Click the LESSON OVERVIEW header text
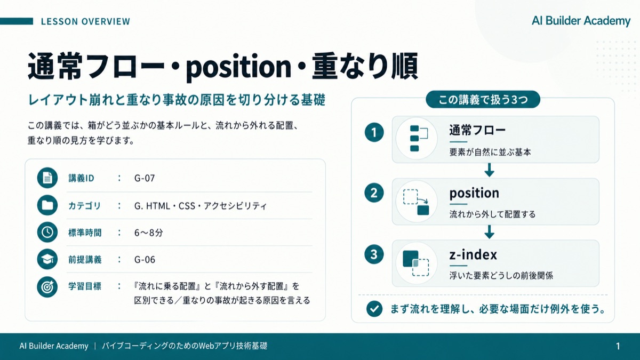click(x=85, y=21)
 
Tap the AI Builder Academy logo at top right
click(x=581, y=21)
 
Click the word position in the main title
click(x=238, y=67)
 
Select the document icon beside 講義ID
click(x=47, y=178)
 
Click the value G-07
click(x=145, y=178)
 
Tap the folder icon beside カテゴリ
click(x=47, y=205)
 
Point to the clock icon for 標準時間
click(x=47, y=232)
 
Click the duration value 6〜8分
click(x=149, y=233)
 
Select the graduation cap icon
click(x=47, y=259)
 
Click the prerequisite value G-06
click(x=145, y=259)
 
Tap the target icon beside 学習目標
click(x=47, y=287)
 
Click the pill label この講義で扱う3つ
click(x=483, y=99)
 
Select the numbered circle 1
click(x=374, y=132)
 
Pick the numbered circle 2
click(x=374, y=193)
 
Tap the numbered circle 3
click(x=374, y=254)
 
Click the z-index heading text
click(x=473, y=254)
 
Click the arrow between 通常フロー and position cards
click(x=490, y=170)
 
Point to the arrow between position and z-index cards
click(x=490, y=231)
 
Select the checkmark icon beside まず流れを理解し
click(x=374, y=309)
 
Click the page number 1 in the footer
click(x=618, y=346)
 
